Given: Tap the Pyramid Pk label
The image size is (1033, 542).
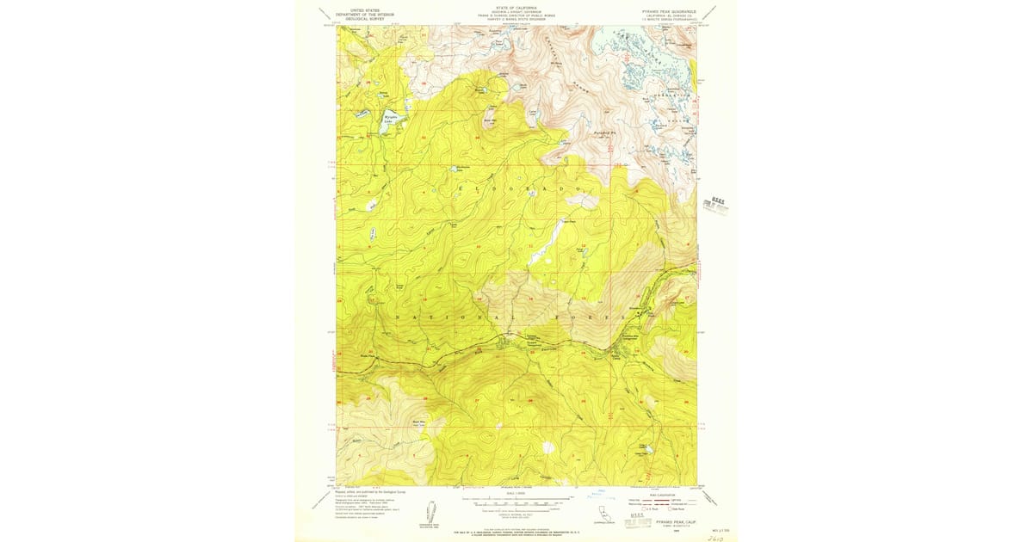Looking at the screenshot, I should pos(607,136).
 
